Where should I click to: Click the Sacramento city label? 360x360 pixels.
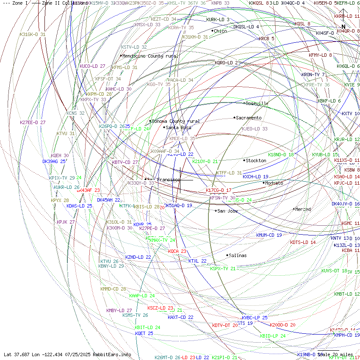[249, 118]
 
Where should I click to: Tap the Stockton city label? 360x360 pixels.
[256, 161]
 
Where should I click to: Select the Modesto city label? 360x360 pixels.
[274, 183]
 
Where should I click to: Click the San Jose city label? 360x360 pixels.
[227, 211]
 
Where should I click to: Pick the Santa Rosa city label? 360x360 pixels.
[178, 127]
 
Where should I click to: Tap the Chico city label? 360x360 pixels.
[220, 31]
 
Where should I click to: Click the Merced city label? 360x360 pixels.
[303, 209]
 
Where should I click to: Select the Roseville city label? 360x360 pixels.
[258, 103]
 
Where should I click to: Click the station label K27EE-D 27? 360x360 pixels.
[33, 122]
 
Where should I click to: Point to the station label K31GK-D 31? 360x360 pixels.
[33, 34]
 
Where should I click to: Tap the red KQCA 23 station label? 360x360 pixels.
[177, 251]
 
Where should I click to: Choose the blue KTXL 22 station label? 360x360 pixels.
[197, 261]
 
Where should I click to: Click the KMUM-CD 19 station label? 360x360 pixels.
[269, 235]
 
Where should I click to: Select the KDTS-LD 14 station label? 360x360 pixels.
[303, 242]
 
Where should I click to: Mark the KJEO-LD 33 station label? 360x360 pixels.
[255, 129]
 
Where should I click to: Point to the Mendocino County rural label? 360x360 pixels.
[150, 56]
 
